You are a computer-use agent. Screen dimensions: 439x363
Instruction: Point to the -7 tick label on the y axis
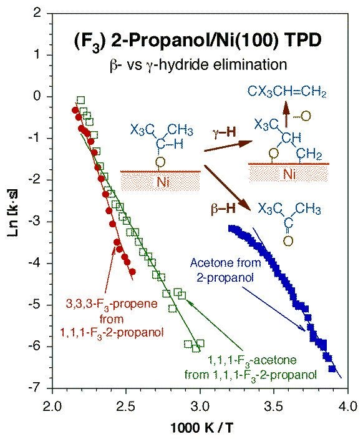pyautogui.click(x=37, y=388)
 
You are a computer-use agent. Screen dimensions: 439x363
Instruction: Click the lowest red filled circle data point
pyautogui.click(x=132, y=272)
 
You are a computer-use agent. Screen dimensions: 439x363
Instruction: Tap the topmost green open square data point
pyautogui.click(x=80, y=100)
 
